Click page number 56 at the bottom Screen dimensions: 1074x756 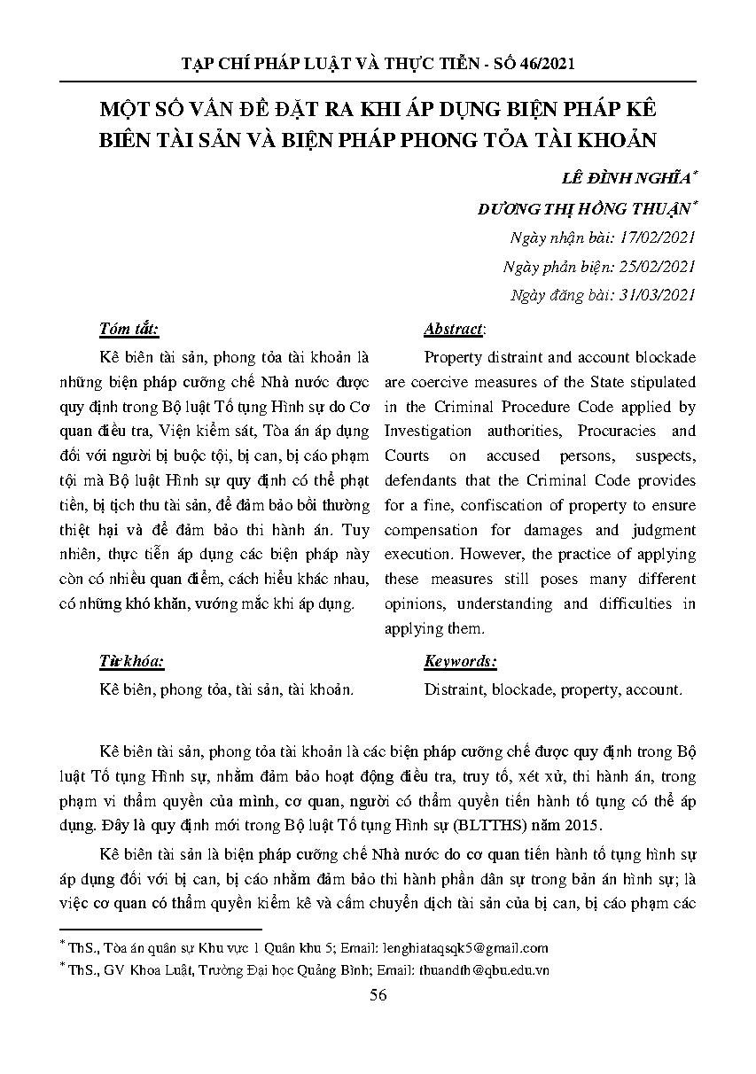(x=378, y=995)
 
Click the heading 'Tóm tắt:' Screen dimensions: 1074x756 (x=129, y=329)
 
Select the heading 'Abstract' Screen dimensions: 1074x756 (x=453, y=329)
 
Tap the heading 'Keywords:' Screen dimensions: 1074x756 (x=460, y=661)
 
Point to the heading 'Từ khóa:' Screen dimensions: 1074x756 (x=132, y=661)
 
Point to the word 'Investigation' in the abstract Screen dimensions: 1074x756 (x=427, y=431)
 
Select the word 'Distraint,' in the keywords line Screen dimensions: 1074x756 (x=455, y=689)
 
